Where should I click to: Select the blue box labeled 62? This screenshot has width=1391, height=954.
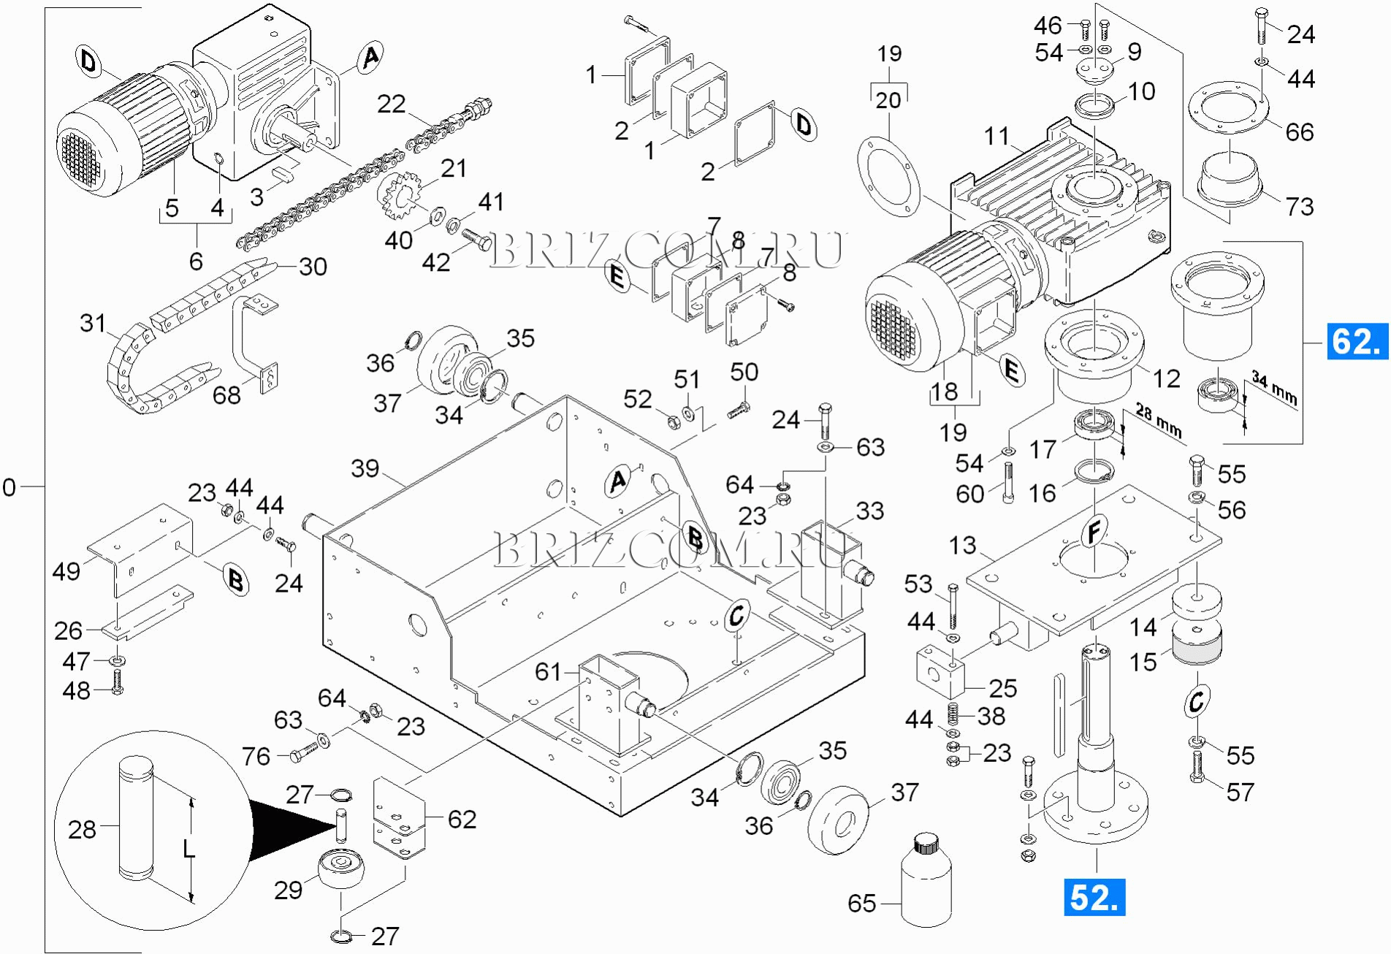(x=1357, y=341)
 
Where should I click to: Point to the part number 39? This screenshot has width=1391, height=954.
(x=365, y=468)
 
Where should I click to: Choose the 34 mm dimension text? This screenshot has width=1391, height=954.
(x=1274, y=387)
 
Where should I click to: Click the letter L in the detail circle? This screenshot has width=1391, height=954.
(x=188, y=848)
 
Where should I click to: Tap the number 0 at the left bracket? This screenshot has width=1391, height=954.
(x=9, y=487)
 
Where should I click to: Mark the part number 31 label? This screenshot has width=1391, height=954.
(x=93, y=323)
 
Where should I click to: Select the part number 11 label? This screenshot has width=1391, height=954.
(x=996, y=136)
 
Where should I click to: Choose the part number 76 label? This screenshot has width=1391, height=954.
(x=256, y=756)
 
